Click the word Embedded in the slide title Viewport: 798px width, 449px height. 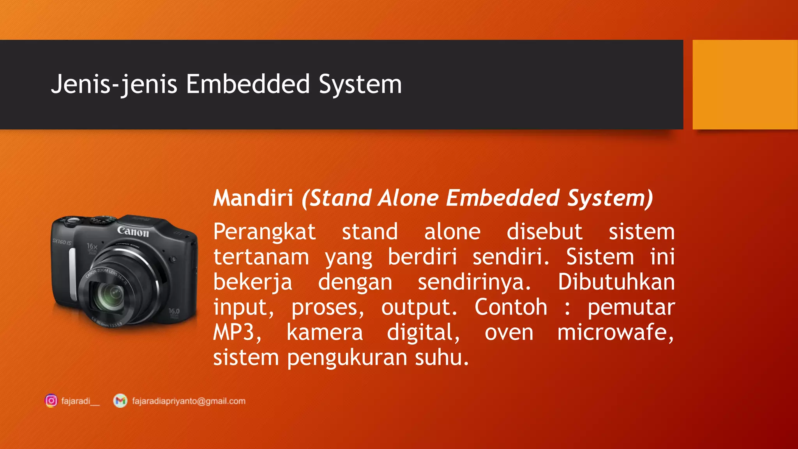tap(248, 84)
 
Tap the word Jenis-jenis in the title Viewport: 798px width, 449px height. tap(114, 84)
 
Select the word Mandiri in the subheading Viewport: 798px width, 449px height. tap(253, 198)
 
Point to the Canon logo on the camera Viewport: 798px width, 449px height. tap(133, 232)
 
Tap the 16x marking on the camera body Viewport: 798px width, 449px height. tap(92, 246)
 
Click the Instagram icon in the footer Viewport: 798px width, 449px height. tap(51, 401)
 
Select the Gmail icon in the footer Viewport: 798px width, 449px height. tap(120, 401)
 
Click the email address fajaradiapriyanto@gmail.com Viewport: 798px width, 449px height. tap(189, 401)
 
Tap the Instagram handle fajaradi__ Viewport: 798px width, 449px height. tap(80, 401)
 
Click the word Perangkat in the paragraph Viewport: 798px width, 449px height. tap(264, 232)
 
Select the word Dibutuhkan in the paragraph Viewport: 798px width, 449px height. tap(616, 282)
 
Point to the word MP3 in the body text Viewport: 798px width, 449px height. tap(237, 332)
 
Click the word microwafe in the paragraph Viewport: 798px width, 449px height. tap(615, 332)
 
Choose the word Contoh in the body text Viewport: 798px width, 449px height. tap(511, 307)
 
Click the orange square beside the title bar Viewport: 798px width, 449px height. tap(745, 85)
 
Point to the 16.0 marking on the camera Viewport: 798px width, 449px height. tap(174, 311)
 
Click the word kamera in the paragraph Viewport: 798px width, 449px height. tap(325, 332)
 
